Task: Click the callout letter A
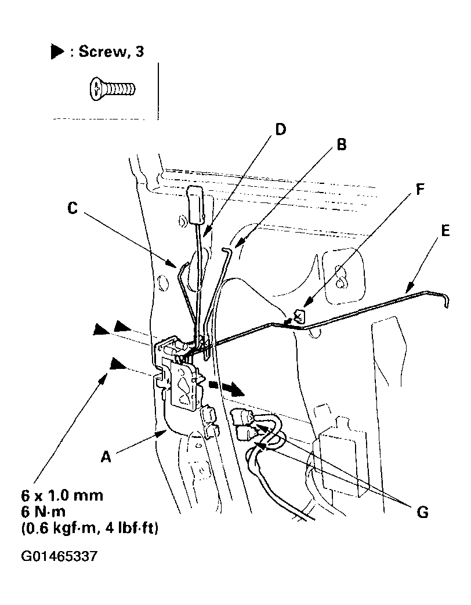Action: click(x=106, y=458)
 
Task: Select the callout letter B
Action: click(x=342, y=144)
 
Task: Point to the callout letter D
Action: click(x=280, y=129)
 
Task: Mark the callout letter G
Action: click(x=422, y=512)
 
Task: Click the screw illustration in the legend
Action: click(x=113, y=89)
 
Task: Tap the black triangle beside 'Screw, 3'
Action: click(x=57, y=52)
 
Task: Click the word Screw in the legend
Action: click(x=99, y=52)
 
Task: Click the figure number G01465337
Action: click(x=59, y=557)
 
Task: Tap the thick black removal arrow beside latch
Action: click(x=227, y=387)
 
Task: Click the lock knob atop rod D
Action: click(x=195, y=204)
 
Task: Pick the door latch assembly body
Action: click(x=184, y=383)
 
